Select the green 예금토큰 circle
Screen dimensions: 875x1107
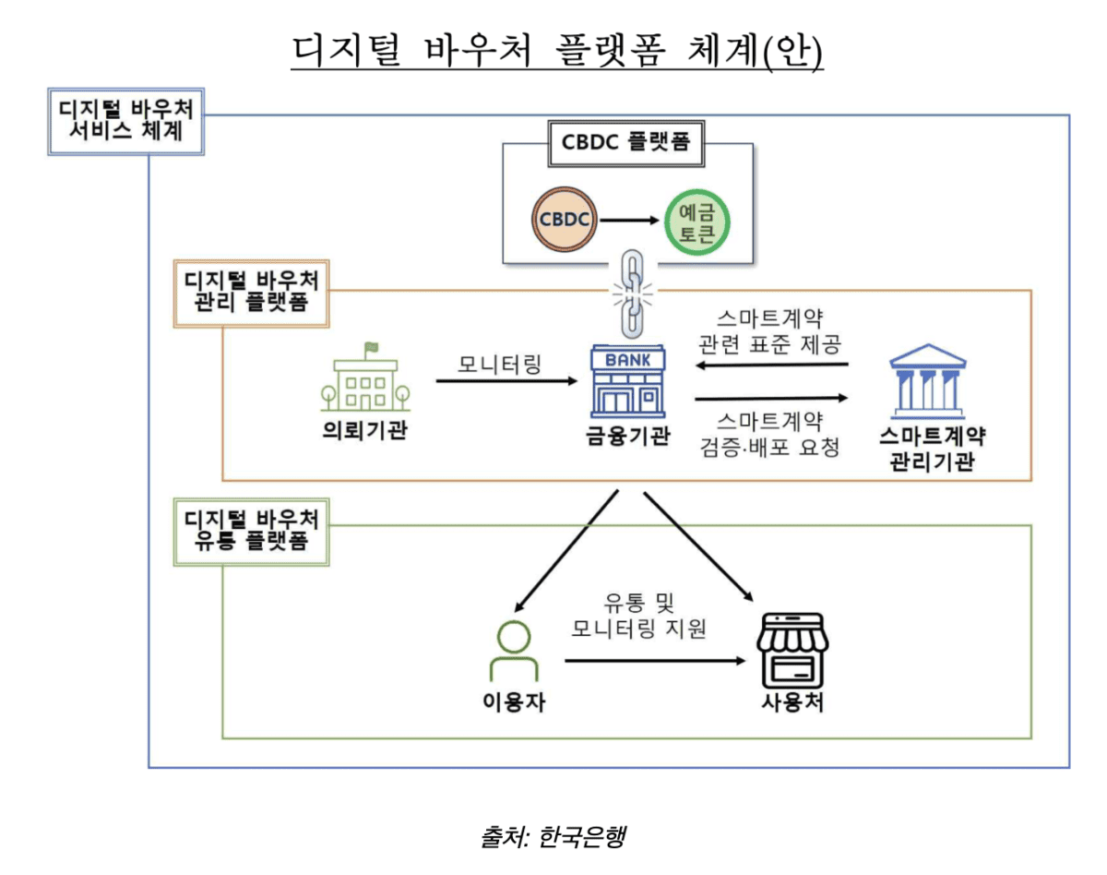[x=697, y=221]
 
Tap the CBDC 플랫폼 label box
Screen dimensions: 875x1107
[x=626, y=142]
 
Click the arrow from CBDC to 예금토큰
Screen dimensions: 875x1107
[x=631, y=222]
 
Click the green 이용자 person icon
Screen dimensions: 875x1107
[x=514, y=652]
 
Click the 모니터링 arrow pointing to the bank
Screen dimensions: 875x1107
[x=502, y=380]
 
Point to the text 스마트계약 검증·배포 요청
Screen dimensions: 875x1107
[x=770, y=434]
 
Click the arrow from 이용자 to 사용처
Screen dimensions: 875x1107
[x=655, y=661]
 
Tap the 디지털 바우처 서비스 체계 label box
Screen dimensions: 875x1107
[x=126, y=120]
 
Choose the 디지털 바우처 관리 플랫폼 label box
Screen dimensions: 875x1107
[x=252, y=293]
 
